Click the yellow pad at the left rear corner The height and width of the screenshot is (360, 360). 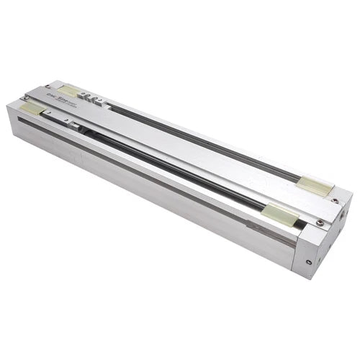point(68,91)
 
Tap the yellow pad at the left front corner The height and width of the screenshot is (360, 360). point(32,108)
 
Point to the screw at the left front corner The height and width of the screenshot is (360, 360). point(22,104)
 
